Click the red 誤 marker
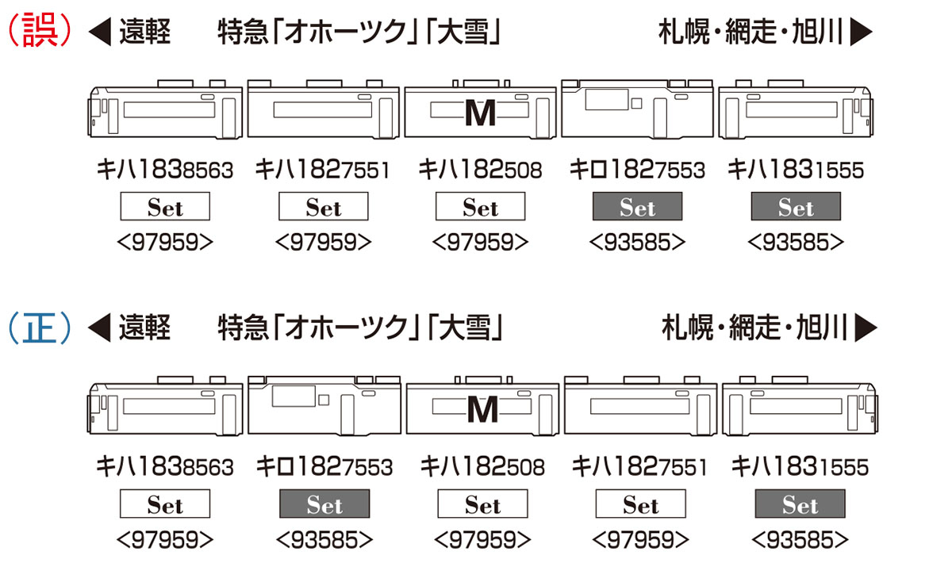(x=40, y=30)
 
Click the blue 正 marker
(x=40, y=327)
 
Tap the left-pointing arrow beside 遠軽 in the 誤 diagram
(x=100, y=32)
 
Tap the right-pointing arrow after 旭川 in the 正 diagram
(x=866, y=327)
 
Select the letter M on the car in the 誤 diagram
(x=480, y=113)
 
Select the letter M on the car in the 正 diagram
(x=482, y=410)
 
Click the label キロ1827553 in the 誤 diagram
(x=636, y=169)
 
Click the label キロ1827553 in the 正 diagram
(x=324, y=466)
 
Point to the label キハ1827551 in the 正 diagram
(x=639, y=466)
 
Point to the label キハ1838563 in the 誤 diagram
(x=165, y=169)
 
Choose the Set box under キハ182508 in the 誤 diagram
(x=480, y=206)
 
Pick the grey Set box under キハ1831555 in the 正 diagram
(x=800, y=504)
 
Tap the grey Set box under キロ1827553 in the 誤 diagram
(x=638, y=206)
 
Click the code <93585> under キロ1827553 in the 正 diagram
(x=324, y=540)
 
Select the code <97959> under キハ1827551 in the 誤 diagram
(x=323, y=242)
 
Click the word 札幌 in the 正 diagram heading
(x=687, y=327)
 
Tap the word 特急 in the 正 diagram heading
(x=244, y=327)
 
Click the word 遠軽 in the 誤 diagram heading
(x=144, y=32)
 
